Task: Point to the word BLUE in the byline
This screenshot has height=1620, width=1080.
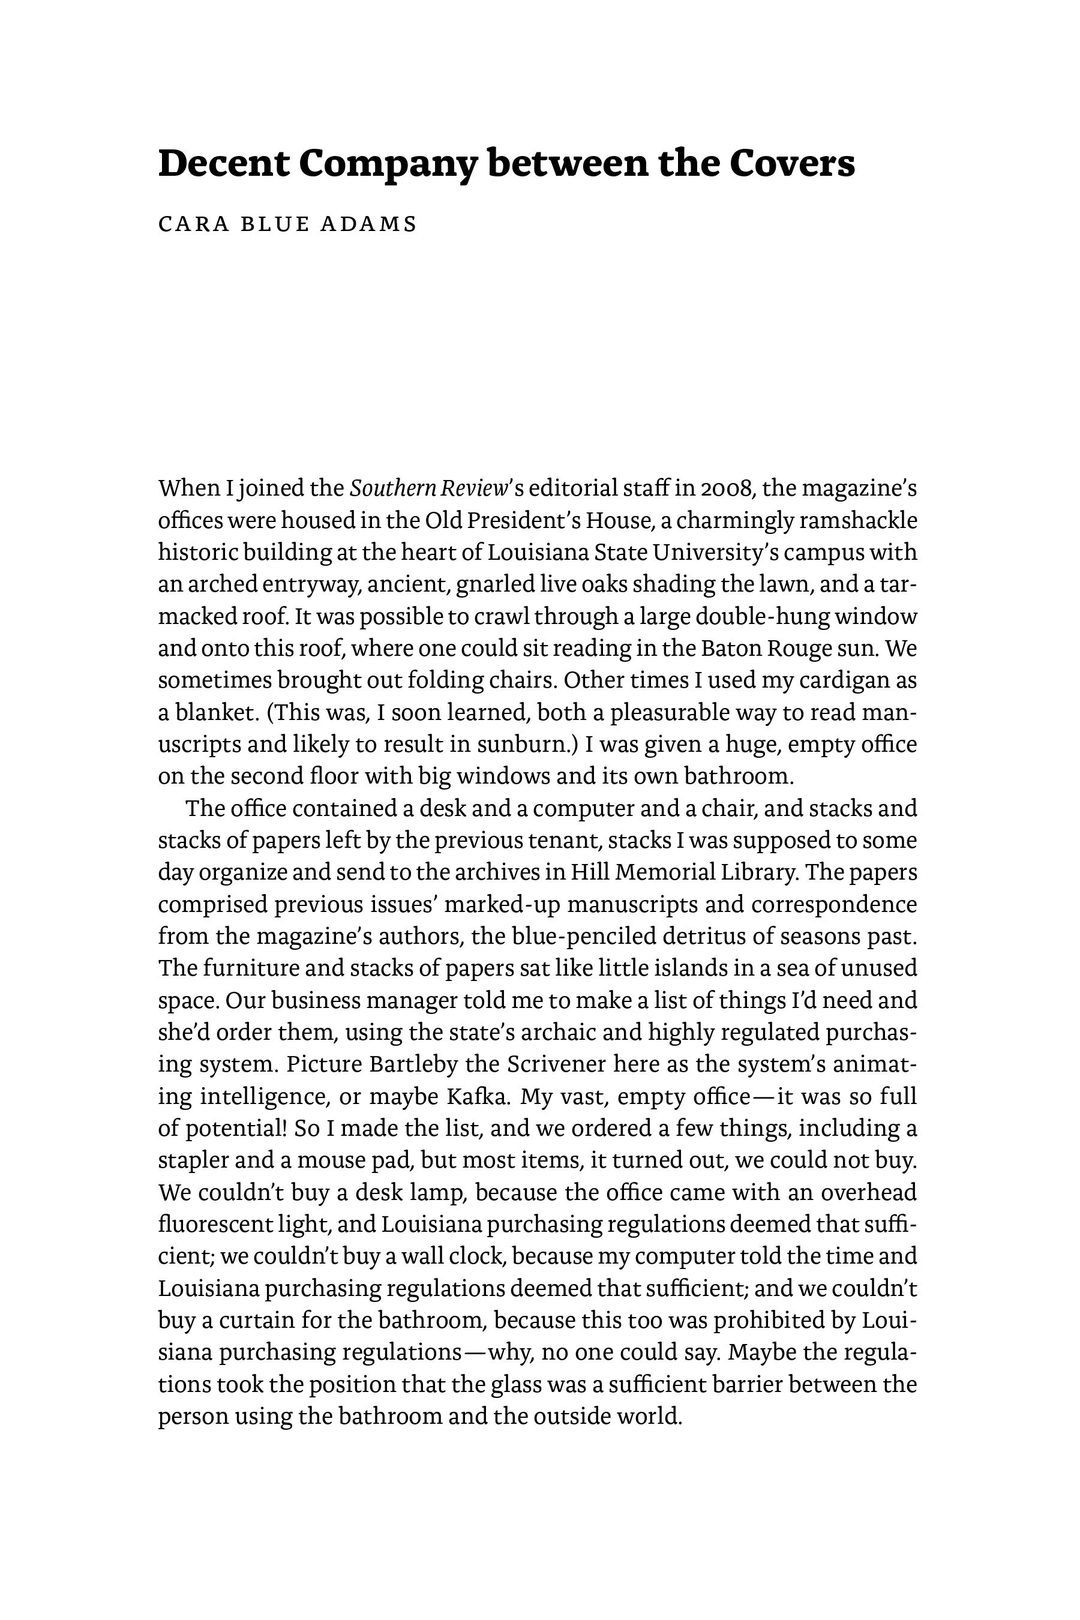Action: pos(274,224)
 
